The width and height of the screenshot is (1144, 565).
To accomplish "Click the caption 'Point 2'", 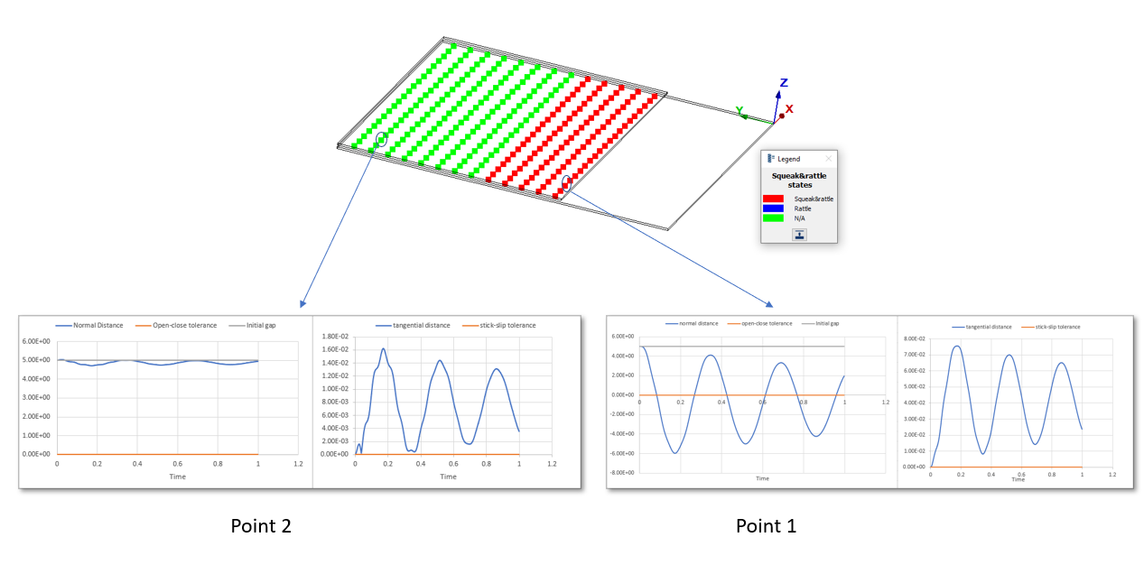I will (x=260, y=525).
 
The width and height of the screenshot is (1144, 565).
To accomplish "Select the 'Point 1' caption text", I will (x=766, y=525).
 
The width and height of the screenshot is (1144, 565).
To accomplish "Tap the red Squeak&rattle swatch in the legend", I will (x=773, y=199).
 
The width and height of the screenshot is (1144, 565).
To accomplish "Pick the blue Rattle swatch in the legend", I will (x=773, y=208).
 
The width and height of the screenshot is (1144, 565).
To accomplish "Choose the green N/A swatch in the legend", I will (x=773, y=218).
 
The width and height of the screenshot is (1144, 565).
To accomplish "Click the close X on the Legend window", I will (x=829, y=159).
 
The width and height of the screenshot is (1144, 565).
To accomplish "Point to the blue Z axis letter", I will (x=784, y=83).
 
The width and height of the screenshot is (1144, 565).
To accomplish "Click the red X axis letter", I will (x=789, y=108).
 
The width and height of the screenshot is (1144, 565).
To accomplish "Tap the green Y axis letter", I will (x=739, y=111).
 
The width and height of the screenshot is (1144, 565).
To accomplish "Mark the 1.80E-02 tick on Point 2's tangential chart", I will (x=337, y=337).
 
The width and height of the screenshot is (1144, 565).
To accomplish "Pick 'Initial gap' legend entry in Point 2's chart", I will (x=259, y=325).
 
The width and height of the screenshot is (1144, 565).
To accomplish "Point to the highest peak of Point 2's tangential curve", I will (x=383, y=348).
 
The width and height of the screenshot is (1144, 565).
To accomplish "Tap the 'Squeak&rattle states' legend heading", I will (x=798, y=181).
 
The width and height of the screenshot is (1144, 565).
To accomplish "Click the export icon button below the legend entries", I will (x=799, y=235).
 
